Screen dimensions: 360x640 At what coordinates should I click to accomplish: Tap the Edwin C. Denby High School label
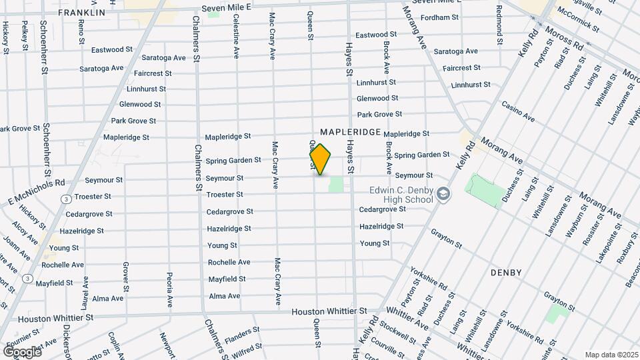pos(401,194)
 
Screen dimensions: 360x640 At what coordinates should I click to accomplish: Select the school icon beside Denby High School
pos(443,194)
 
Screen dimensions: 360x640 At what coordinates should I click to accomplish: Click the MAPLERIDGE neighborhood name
pos(350,133)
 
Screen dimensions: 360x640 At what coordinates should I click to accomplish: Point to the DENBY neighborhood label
pos(505,273)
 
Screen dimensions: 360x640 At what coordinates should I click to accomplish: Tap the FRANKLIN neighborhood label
pos(81,13)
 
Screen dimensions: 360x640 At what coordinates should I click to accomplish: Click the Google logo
pos(23,351)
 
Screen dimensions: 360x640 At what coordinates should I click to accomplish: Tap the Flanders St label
pos(241,331)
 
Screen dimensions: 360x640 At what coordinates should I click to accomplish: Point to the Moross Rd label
pos(563,38)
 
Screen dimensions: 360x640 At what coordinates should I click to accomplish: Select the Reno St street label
pos(81,31)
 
